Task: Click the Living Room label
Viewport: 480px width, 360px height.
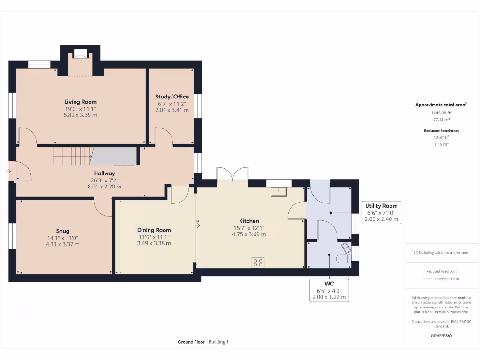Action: click(80, 102)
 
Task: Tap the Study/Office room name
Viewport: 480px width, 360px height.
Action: click(172, 97)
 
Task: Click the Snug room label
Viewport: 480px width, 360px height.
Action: click(63, 231)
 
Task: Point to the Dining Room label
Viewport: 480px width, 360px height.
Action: click(154, 230)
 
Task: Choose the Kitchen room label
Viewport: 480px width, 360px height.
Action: click(249, 221)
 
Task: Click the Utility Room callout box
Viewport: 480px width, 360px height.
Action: click(382, 212)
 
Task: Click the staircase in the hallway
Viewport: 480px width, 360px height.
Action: click(71, 156)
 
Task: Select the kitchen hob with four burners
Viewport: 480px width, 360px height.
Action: click(257, 262)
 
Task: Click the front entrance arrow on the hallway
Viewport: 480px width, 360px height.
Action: click(8, 171)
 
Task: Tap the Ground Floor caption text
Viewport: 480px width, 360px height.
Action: click(191, 342)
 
